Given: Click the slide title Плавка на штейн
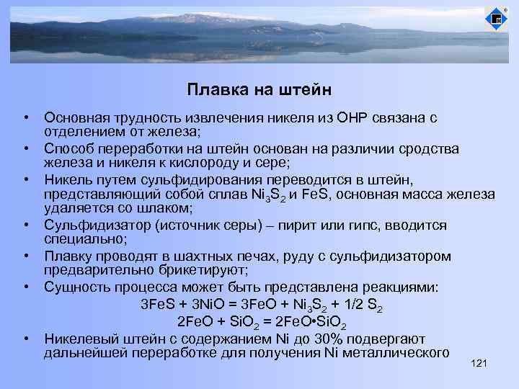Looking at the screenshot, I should (259, 90).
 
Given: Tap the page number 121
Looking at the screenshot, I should (479, 365).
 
